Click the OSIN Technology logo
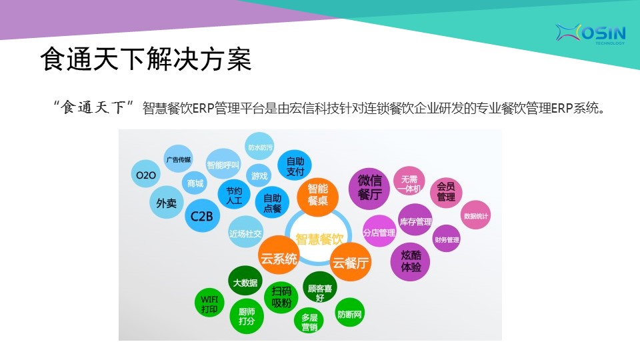(590, 33)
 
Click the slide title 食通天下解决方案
(146, 59)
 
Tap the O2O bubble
(146, 174)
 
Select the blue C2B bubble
(202, 216)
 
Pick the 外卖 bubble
(167, 203)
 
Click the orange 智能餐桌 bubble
(317, 195)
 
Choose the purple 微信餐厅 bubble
(369, 189)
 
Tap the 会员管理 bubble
(446, 192)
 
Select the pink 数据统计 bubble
(475, 215)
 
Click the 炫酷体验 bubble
(410, 261)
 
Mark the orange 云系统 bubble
(279, 257)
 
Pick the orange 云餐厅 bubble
(350, 262)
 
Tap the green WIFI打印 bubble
(209, 304)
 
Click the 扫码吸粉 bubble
(281, 297)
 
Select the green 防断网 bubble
(349, 313)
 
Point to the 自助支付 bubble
(294, 166)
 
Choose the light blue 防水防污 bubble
(260, 147)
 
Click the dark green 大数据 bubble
(245, 282)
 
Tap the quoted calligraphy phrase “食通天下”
(93, 107)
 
